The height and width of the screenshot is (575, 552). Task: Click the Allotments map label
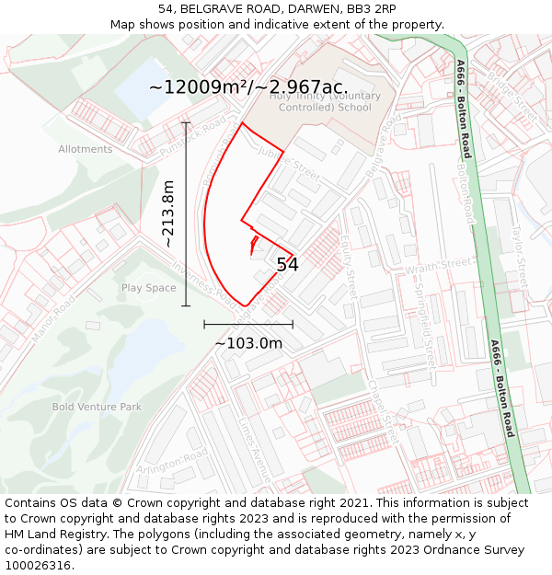point(85,149)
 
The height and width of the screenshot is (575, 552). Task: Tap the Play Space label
point(148,288)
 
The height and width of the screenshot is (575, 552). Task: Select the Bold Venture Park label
point(97,407)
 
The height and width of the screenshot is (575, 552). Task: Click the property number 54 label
point(287,265)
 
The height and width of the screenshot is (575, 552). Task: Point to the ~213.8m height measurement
point(168,214)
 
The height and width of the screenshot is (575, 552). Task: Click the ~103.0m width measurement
point(248,343)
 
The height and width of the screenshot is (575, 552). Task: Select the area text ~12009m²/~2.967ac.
point(247,87)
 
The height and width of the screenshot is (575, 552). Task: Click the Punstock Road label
point(190,136)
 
